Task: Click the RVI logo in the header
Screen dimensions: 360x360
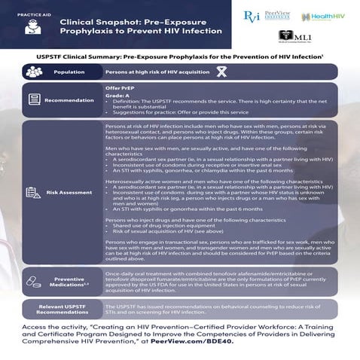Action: pyautogui.click(x=252, y=16)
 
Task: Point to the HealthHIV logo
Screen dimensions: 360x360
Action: pyautogui.click(x=325, y=17)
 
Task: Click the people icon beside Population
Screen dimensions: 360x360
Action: pyautogui.click(x=33, y=72)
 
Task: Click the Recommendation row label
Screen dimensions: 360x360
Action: pyautogui.click(x=69, y=100)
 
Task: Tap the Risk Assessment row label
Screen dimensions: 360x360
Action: pyautogui.click(x=69, y=193)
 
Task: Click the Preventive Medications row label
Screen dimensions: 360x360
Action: pyautogui.click(x=69, y=280)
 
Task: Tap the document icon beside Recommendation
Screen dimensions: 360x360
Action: pyautogui.click(x=33, y=99)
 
